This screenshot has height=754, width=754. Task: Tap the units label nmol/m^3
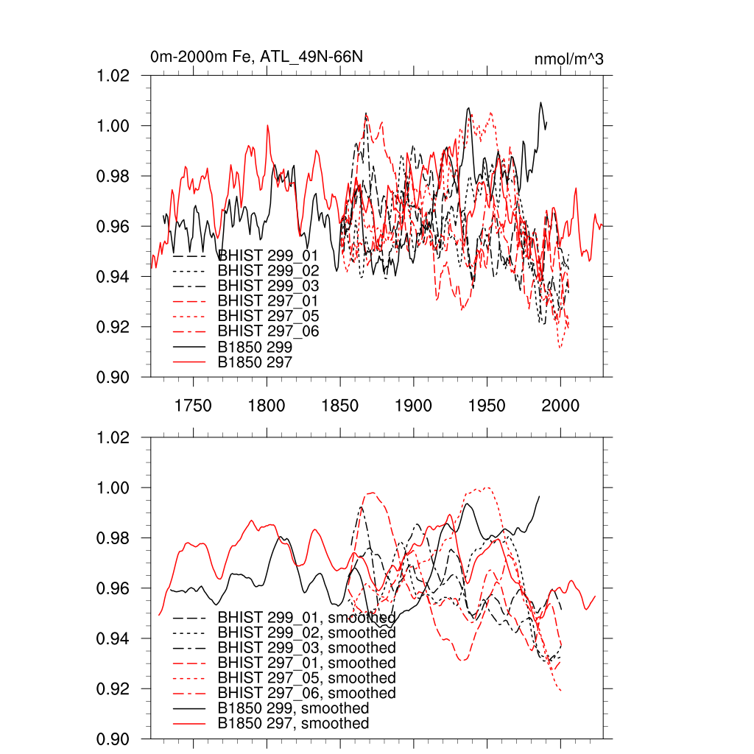point(569,59)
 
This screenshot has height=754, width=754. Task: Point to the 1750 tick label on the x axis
point(193,406)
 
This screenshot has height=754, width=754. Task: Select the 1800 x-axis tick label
point(267,406)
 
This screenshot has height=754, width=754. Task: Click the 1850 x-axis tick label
point(340,406)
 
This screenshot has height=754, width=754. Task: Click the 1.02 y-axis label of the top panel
point(114,76)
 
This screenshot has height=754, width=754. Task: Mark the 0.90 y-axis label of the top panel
point(114,377)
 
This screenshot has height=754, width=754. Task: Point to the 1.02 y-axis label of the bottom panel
point(114,437)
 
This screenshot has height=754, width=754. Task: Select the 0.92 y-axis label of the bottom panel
point(114,688)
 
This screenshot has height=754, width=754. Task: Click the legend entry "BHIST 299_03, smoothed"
point(306,648)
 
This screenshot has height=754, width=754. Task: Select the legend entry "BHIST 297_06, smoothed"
point(306,693)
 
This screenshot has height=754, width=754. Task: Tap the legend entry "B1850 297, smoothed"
point(293,724)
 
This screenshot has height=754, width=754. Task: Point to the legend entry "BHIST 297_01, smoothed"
point(306,663)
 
